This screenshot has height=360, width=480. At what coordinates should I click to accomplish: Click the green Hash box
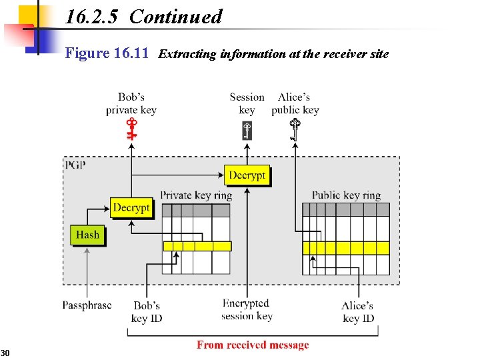[87, 235]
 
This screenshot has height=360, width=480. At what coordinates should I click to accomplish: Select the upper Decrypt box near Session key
[247, 175]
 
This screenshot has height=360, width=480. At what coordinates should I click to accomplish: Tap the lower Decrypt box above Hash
[131, 208]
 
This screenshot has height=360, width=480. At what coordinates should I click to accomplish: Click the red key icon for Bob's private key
[132, 128]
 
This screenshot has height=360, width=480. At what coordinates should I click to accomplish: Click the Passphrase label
[87, 305]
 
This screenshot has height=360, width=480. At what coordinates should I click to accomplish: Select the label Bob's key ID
[147, 312]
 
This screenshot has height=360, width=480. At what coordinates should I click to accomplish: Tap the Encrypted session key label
[247, 309]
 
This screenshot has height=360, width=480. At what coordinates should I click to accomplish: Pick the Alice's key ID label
[358, 312]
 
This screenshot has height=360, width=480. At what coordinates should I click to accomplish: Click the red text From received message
[253, 345]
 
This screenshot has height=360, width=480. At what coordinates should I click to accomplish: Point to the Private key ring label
[196, 195]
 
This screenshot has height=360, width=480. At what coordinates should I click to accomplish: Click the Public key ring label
[346, 195]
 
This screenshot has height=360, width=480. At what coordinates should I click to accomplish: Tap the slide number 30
[5, 352]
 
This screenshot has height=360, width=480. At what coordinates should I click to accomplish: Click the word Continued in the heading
[175, 17]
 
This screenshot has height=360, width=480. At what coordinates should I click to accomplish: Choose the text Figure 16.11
[107, 53]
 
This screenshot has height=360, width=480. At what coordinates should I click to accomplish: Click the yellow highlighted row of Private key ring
[197, 246]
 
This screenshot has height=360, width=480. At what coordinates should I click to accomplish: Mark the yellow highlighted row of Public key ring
[345, 248]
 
